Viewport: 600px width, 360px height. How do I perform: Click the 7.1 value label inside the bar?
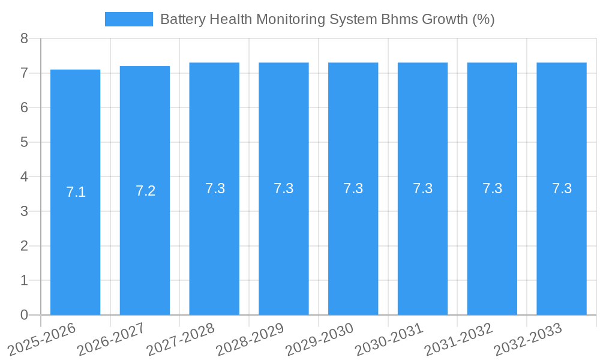(76, 193)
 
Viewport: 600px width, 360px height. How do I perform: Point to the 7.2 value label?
(145, 191)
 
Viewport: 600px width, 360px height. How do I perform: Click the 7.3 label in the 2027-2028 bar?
(215, 188)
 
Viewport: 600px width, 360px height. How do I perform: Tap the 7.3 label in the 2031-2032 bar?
(492, 188)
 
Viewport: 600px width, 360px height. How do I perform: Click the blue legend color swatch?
(128, 19)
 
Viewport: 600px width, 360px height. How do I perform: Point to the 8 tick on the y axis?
(24, 38)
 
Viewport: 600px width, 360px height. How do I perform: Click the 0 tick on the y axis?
(24, 315)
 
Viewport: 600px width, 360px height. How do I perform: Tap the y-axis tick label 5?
(24, 142)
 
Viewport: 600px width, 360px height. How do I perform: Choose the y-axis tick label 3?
(24, 211)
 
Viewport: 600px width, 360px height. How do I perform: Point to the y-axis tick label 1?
(24, 280)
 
